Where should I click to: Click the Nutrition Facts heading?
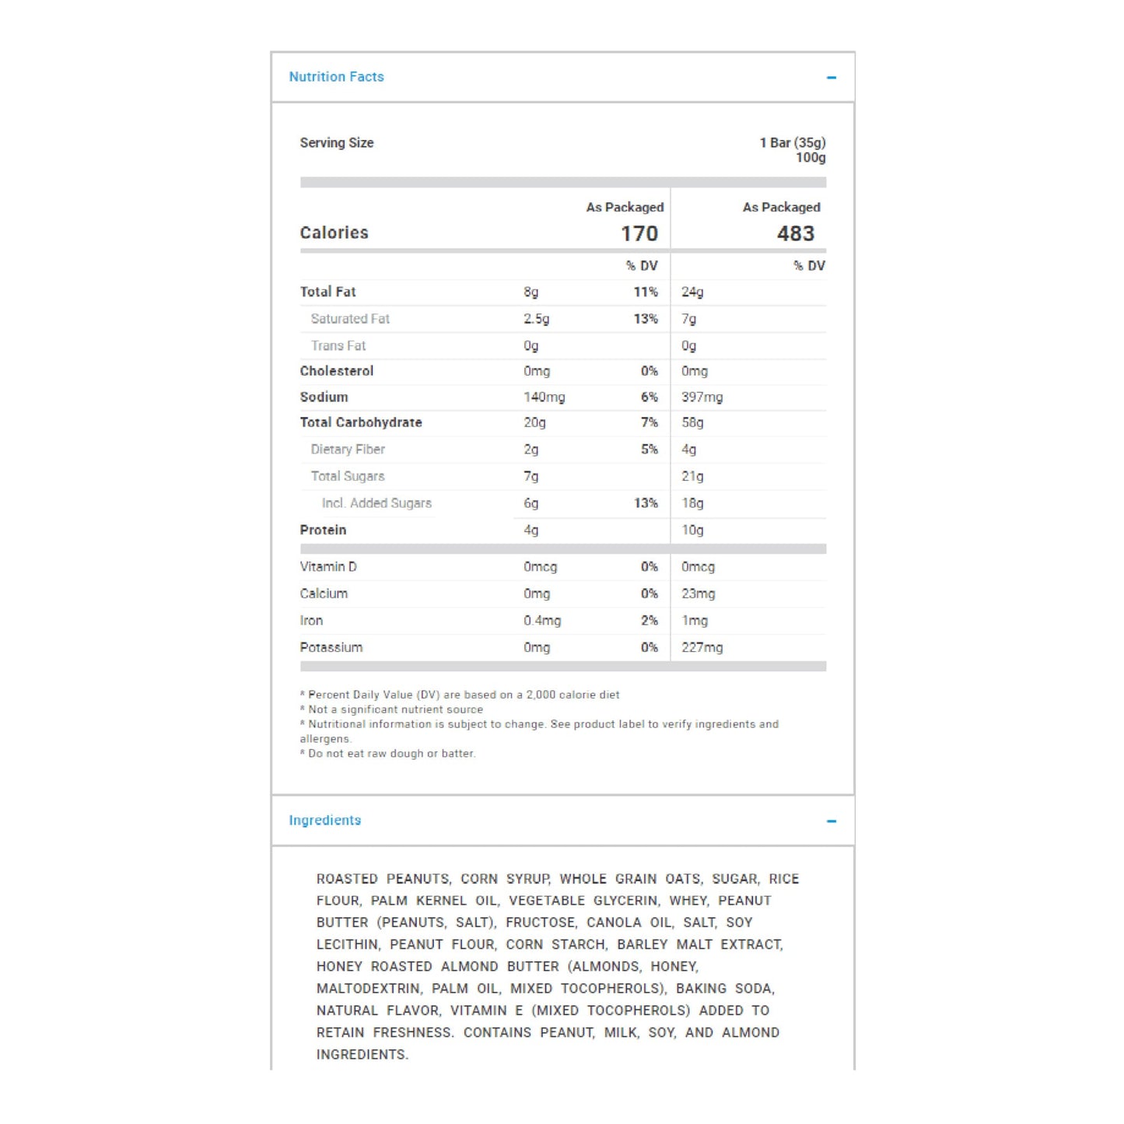coord(336,77)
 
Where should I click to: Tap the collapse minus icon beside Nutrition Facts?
coord(831,78)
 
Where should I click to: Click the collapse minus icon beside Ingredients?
coord(831,821)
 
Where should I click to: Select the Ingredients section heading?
coord(324,821)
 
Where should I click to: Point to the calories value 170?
coord(639,233)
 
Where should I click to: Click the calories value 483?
coord(795,233)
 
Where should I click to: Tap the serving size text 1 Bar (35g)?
coord(792,143)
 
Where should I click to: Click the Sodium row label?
coord(324,397)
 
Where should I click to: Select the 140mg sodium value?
coord(544,397)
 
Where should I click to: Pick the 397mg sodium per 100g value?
coord(702,397)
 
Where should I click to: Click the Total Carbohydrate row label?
coord(361,423)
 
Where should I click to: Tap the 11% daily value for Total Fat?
coord(645,292)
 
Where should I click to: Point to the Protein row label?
coord(323,530)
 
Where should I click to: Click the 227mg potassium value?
coord(702,648)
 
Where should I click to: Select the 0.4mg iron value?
coord(541,621)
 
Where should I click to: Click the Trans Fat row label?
coord(338,346)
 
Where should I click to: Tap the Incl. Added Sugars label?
coord(376,504)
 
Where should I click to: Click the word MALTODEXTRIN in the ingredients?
coord(368,989)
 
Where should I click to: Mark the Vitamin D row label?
coord(327,567)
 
